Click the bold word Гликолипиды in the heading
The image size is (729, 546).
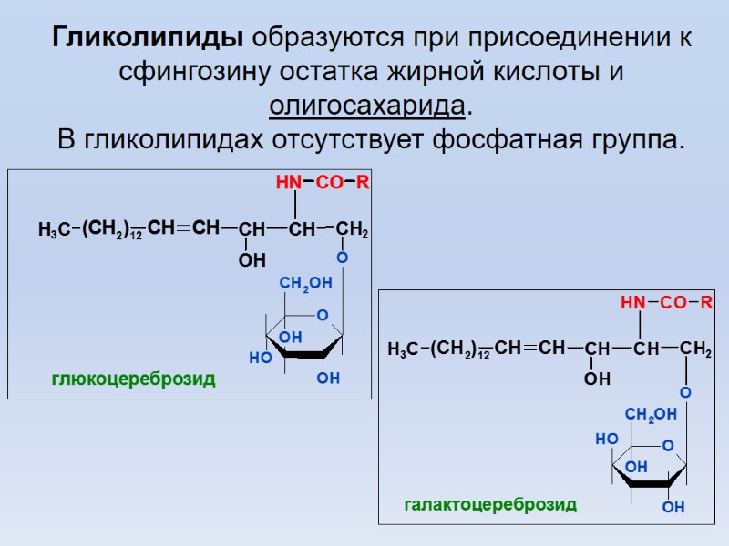(147, 38)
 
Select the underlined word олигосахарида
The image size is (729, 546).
(367, 106)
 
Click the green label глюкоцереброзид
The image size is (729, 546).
(134, 379)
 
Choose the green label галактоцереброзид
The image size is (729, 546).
(490, 504)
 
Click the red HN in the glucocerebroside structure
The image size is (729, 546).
(288, 184)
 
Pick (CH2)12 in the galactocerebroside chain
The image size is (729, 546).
(460, 349)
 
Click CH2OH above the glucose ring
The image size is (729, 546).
(306, 286)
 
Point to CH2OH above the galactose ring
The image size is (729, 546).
(652, 415)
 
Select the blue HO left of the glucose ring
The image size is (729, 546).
(261, 359)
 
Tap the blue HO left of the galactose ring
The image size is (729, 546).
(606, 439)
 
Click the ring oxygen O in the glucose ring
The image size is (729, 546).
(322, 315)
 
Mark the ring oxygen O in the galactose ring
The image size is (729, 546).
(667, 446)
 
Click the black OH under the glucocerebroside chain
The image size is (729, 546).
(252, 261)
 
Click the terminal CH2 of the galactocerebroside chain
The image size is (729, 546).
(695, 349)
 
